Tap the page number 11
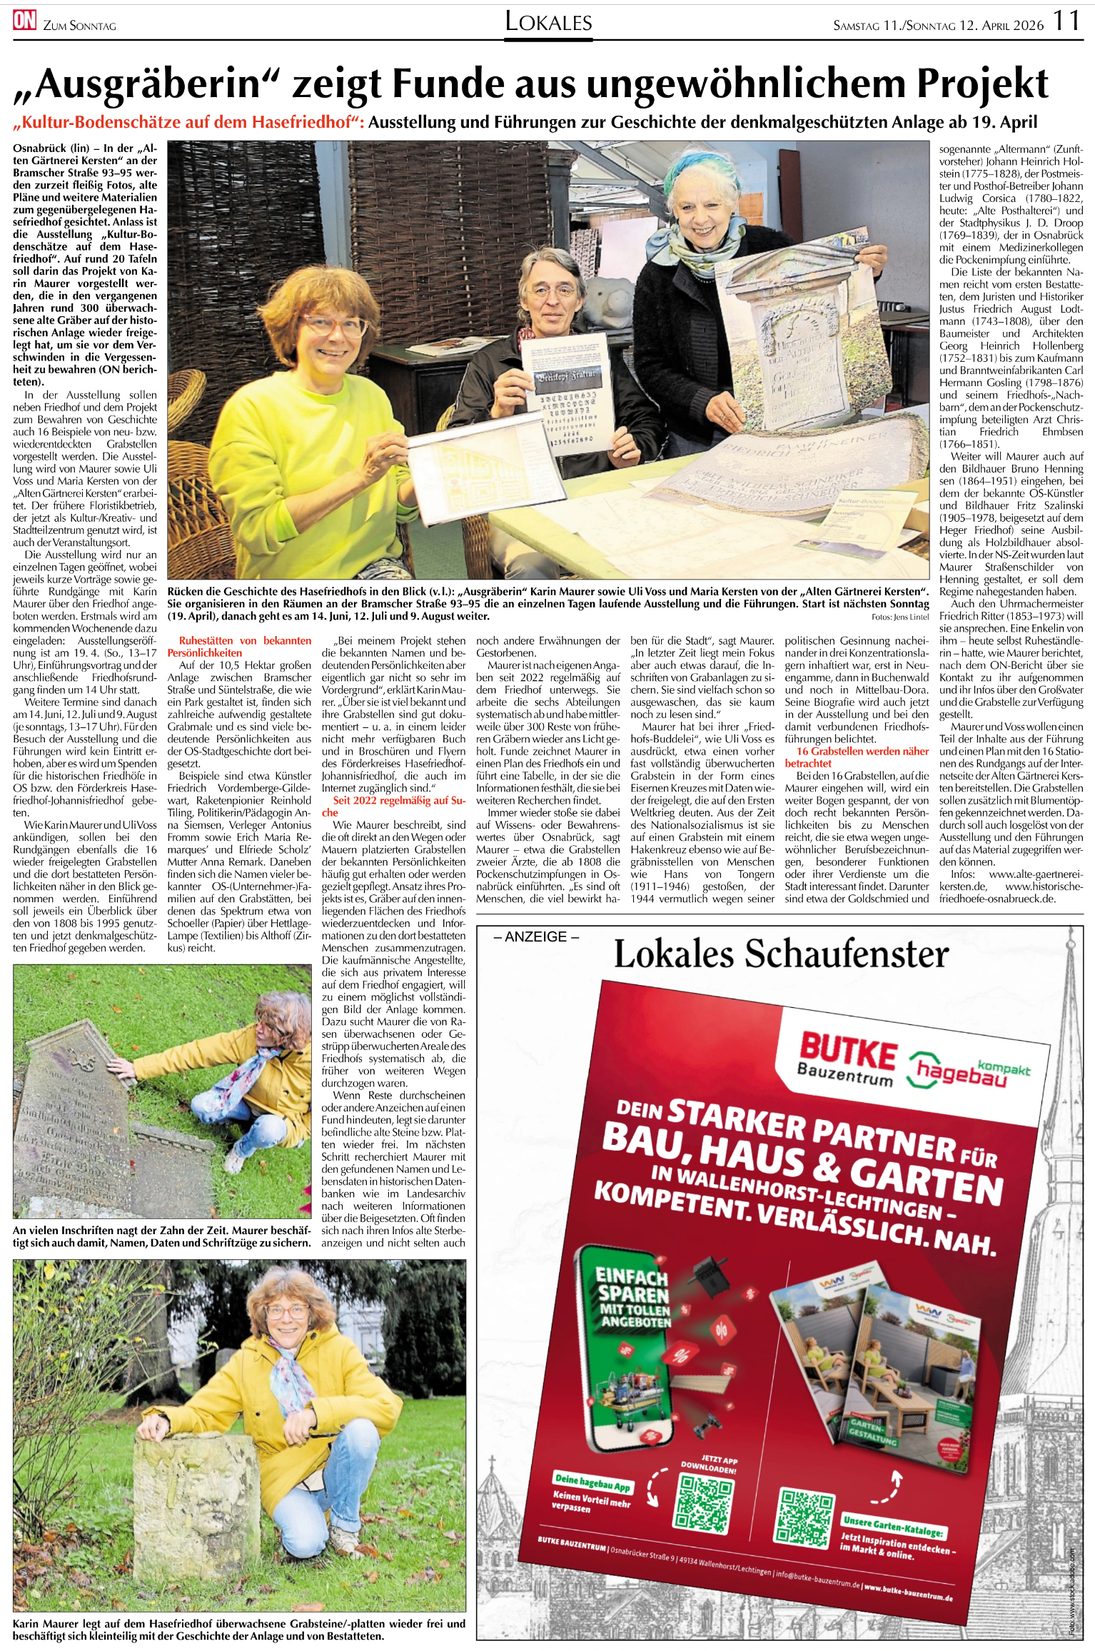[x=1066, y=21]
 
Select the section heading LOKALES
[x=548, y=22]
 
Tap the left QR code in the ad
[x=704, y=1504]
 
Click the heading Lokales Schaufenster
[x=781, y=955]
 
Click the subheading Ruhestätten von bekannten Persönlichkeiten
[x=239, y=647]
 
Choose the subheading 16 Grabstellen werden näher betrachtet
[x=857, y=757]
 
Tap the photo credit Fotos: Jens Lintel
[x=899, y=617]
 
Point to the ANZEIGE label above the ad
[x=536, y=936]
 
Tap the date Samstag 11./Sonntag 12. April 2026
[x=938, y=26]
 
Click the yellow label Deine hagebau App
[x=592, y=1483]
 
